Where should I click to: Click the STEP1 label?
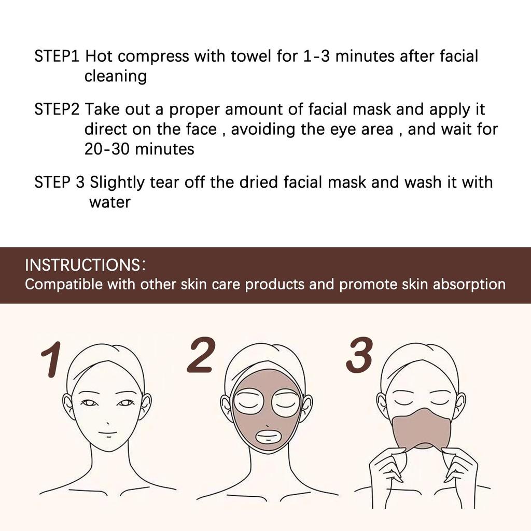[x=57, y=57]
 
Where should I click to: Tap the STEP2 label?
[x=57, y=109]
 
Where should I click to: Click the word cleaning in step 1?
[x=115, y=77]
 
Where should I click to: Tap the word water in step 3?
[x=109, y=202]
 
